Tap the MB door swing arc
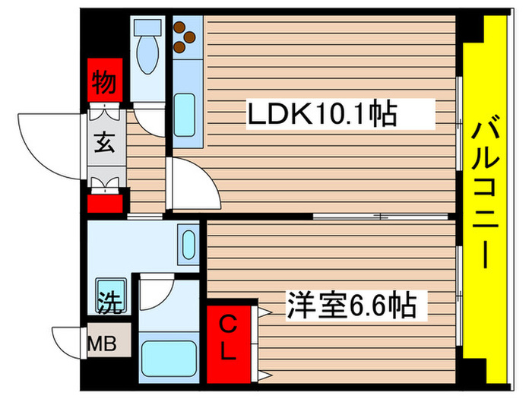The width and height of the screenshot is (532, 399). (68, 343)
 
